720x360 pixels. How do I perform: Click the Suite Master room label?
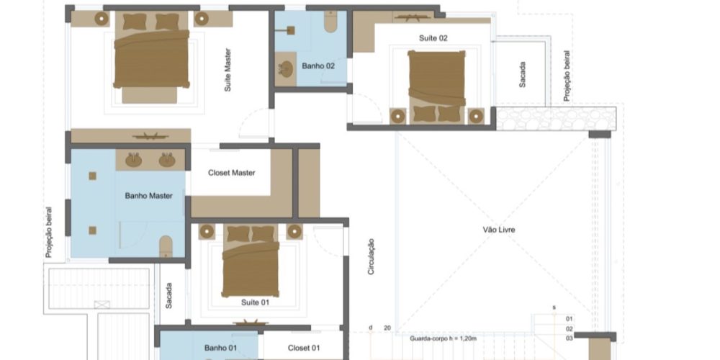(228, 70)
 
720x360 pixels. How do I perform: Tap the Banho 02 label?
(318, 66)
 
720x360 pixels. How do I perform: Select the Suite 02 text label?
(433, 38)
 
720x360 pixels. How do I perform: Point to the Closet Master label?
(231, 173)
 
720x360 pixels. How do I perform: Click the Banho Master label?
(149, 196)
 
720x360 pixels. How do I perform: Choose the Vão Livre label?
(499, 230)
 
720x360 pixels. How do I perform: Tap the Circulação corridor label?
(371, 257)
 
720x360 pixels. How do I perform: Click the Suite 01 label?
(256, 302)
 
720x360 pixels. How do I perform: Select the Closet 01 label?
(304, 348)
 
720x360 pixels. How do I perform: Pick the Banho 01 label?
(220, 348)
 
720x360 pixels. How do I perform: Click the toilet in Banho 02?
(330, 21)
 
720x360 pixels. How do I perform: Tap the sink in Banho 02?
(287, 69)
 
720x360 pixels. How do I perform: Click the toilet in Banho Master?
(166, 247)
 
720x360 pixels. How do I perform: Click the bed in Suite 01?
(251, 261)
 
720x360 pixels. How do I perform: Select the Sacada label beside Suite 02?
(523, 74)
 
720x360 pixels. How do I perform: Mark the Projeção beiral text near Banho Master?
(49, 232)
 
